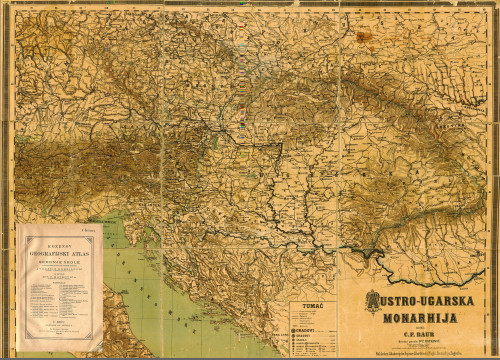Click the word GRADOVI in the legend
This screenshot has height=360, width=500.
pyautogui.click(x=303, y=329)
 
